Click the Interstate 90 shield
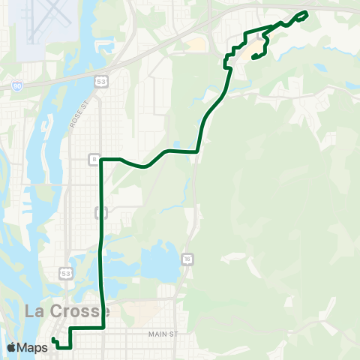click(x=17, y=87)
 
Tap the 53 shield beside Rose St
click(x=100, y=79)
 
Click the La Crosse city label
click(x=67, y=310)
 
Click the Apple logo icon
click(x=12, y=347)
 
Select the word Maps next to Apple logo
click(x=34, y=347)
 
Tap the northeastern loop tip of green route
click(x=306, y=13)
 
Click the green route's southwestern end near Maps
click(x=54, y=340)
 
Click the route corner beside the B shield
click(x=101, y=160)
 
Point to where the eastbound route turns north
click(x=197, y=151)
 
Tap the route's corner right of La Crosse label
click(x=103, y=328)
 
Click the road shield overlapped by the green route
click(x=100, y=213)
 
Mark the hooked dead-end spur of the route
click(x=246, y=57)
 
